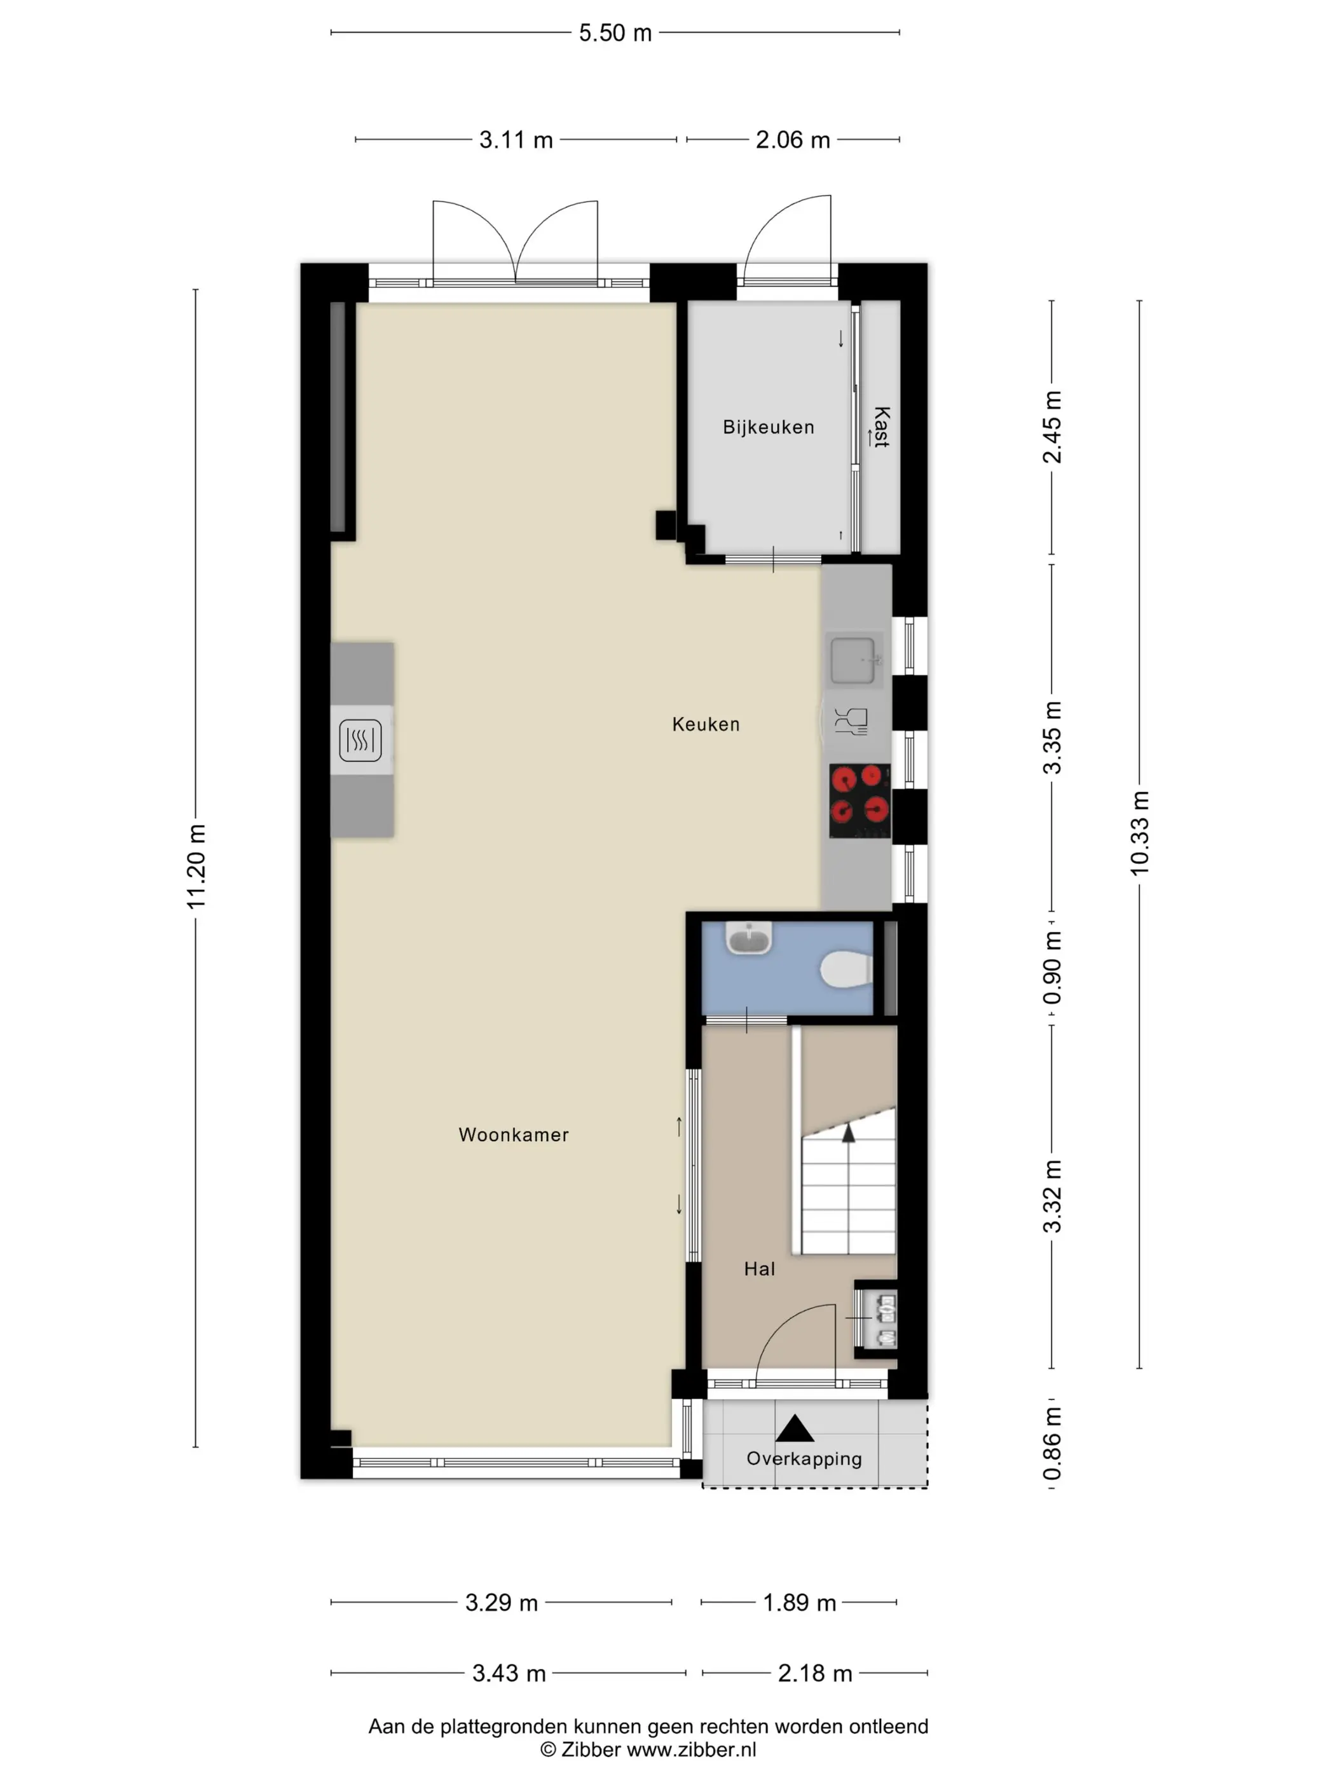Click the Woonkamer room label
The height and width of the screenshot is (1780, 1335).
(514, 1135)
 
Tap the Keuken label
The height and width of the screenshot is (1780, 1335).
(706, 724)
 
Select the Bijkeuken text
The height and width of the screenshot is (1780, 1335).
(769, 427)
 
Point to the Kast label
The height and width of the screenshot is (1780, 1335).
(882, 427)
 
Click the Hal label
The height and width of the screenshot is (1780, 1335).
(760, 1269)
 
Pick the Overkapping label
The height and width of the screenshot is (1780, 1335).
(804, 1459)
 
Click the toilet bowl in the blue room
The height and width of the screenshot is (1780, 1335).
(847, 969)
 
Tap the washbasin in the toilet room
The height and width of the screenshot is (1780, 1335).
(749, 938)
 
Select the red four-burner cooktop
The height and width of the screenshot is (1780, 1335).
(859, 800)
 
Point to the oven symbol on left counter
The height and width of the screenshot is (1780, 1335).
(360, 741)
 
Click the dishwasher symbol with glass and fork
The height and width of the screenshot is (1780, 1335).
(851, 721)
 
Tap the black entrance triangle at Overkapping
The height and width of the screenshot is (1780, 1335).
(795, 1428)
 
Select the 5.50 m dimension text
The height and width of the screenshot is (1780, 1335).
(615, 33)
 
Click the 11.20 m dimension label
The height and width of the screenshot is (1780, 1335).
(196, 866)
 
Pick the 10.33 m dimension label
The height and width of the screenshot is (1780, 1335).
(1139, 833)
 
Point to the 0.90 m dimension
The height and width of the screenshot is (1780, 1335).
(1051, 968)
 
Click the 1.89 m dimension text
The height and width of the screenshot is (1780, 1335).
(799, 1603)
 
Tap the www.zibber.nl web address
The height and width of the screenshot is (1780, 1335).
(691, 1749)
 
